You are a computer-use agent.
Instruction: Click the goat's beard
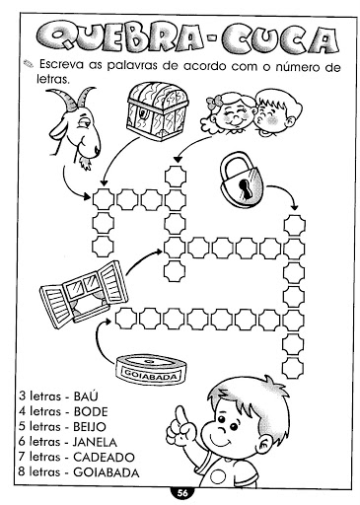tap(86, 164)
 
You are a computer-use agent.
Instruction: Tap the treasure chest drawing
tap(157, 111)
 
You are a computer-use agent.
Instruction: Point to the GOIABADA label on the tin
tap(150, 376)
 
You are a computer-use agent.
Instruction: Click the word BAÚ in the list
tap(86, 397)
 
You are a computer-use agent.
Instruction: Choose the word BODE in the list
tap(91, 411)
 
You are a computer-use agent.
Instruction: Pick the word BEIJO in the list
tap(90, 427)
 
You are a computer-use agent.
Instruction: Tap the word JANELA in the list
tap(95, 442)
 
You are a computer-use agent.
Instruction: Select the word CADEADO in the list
tap(104, 458)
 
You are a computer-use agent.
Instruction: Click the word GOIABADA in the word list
tap(107, 472)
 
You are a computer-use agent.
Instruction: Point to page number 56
tap(182, 493)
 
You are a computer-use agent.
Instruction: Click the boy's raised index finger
tap(180, 416)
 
